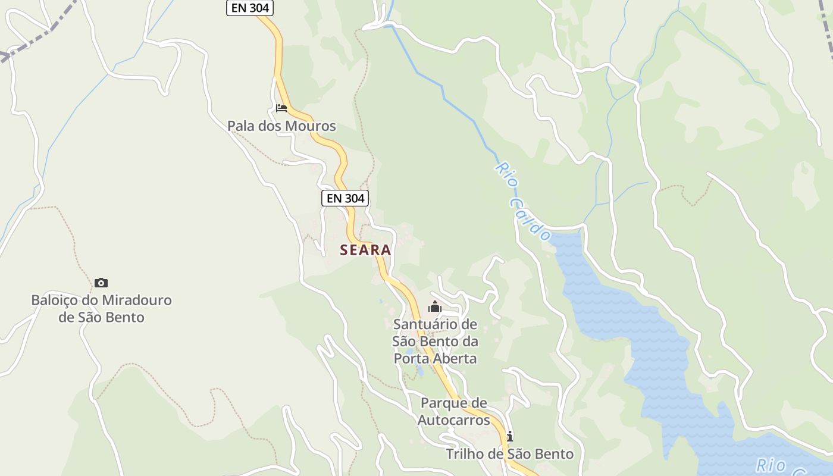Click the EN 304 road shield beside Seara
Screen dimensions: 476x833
pyautogui.click(x=345, y=198)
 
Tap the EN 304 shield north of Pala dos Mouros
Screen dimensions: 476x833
pyautogui.click(x=250, y=8)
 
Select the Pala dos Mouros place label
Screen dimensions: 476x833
pyautogui.click(x=281, y=126)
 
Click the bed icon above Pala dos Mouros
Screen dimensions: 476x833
pyautogui.click(x=281, y=108)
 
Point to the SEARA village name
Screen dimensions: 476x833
pyautogui.click(x=365, y=250)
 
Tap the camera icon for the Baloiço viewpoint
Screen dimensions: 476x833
pyautogui.click(x=101, y=283)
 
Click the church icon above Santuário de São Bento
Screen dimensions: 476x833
pyautogui.click(x=435, y=307)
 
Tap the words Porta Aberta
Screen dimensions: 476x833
pyautogui.click(x=436, y=358)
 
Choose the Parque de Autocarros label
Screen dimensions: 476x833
pyautogui.click(x=453, y=411)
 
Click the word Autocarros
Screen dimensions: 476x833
pyautogui.click(x=453, y=420)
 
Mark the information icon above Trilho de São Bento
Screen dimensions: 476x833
pyautogui.click(x=509, y=437)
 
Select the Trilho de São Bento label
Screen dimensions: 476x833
pyautogui.click(x=510, y=454)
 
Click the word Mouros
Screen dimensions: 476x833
pyautogui.click(x=310, y=126)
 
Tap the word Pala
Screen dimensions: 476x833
pyautogui.click(x=241, y=126)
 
